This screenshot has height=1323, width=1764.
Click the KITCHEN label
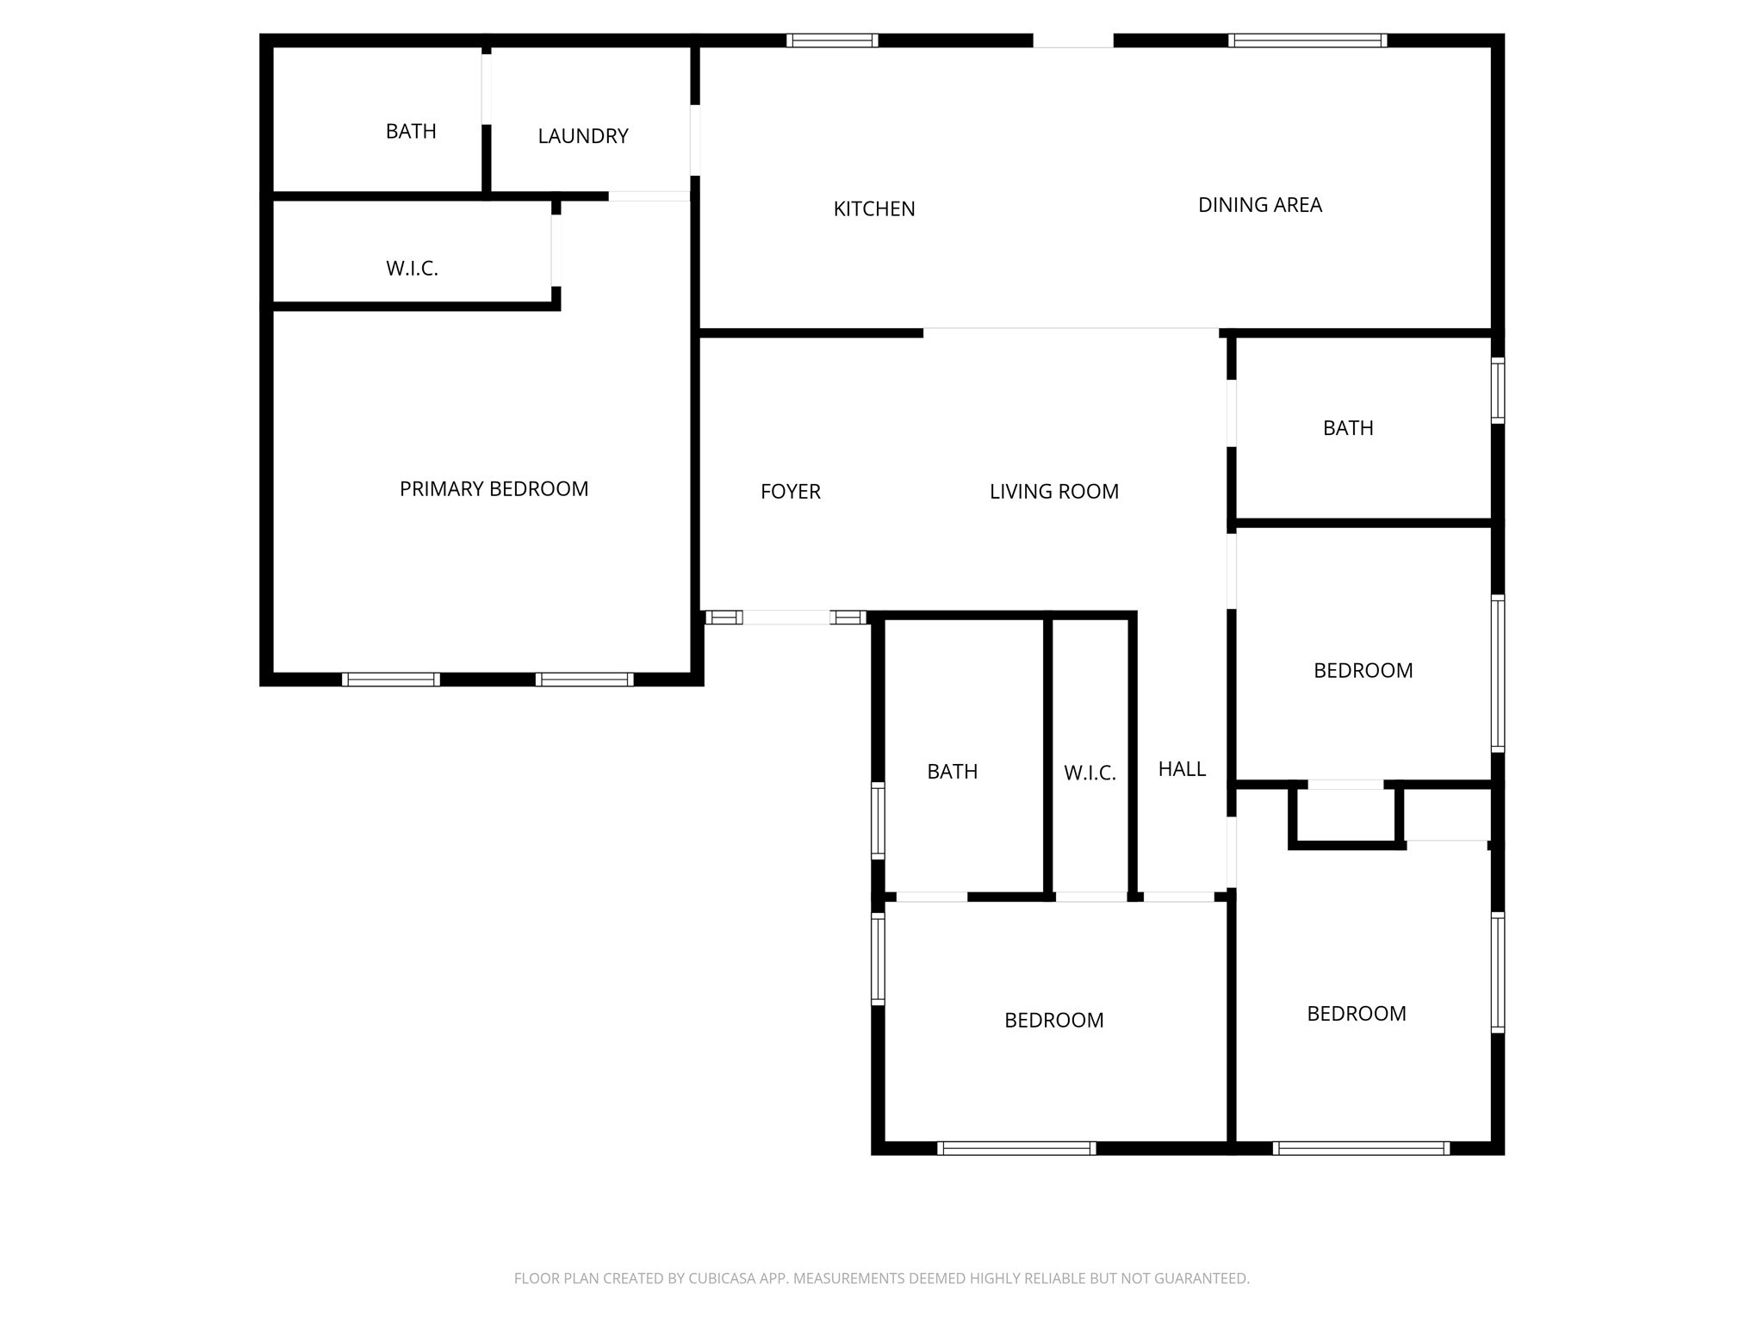[x=874, y=209]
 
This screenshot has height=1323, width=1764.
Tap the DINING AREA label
[x=1260, y=205]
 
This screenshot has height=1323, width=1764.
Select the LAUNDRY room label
[x=583, y=136]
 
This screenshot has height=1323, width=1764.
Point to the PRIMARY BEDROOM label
[x=494, y=489]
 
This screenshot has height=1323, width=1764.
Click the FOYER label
[x=791, y=492]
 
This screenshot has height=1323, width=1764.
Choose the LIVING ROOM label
[x=1054, y=492]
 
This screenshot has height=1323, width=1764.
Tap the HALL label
[x=1182, y=769]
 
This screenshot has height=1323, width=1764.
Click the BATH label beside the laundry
[x=411, y=132]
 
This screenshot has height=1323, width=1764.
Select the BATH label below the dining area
[x=1348, y=428]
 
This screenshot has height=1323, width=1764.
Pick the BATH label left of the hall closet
[x=953, y=772]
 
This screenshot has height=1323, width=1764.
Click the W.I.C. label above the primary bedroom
[x=412, y=269]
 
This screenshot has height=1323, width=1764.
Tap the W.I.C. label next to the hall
[x=1090, y=773]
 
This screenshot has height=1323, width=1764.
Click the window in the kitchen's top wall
[x=832, y=40]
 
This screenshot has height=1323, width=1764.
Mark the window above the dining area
[x=1307, y=40]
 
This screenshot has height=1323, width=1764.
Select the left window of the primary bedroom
[x=391, y=680]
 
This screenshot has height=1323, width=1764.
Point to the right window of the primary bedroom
[x=585, y=680]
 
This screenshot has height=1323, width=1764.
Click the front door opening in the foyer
[x=786, y=618]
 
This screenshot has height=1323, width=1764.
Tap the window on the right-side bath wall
[x=1498, y=390]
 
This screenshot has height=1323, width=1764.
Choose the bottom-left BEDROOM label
[x=1054, y=1021]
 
